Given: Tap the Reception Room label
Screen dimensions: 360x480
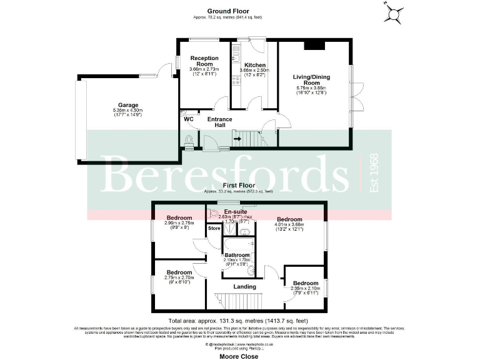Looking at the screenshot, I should click(205, 61).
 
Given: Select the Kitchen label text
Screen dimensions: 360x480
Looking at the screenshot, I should click(255, 65).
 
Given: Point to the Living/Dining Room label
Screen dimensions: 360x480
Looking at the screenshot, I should click(311, 80).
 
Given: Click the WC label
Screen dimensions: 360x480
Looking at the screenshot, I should click(187, 117).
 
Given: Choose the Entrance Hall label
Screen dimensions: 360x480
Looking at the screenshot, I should click(219, 122).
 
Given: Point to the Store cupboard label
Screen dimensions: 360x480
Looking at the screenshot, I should click(214, 229).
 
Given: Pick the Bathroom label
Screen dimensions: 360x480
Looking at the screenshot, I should click(237, 254).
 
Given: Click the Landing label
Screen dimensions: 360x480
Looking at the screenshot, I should click(244, 287).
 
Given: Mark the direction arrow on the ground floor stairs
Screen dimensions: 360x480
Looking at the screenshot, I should click(239, 139).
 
